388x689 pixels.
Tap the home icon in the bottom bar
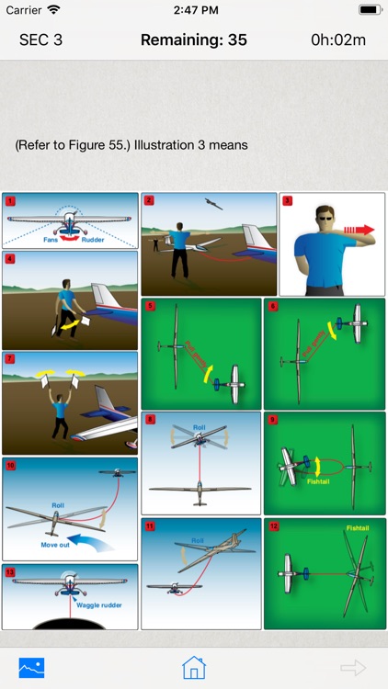(193, 667)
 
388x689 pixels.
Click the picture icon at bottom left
(32, 667)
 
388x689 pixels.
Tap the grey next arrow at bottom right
(353, 668)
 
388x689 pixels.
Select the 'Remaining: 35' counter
(193, 40)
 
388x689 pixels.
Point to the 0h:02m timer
(338, 40)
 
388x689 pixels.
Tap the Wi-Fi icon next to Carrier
(53, 9)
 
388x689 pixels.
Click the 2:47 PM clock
(193, 9)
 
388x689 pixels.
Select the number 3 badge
(287, 201)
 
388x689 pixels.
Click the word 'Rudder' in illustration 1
(93, 241)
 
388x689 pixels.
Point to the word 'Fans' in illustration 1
(51, 241)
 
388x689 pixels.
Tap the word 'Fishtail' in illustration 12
(357, 528)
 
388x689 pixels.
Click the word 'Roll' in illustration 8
(200, 427)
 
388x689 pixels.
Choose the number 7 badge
(10, 358)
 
